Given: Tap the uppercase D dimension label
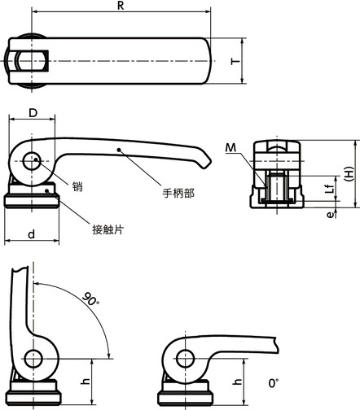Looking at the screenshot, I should coord(33,111).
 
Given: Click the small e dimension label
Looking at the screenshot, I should coord(328,215).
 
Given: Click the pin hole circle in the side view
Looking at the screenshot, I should coord(33,161).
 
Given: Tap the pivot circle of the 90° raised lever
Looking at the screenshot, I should coord(33,359).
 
